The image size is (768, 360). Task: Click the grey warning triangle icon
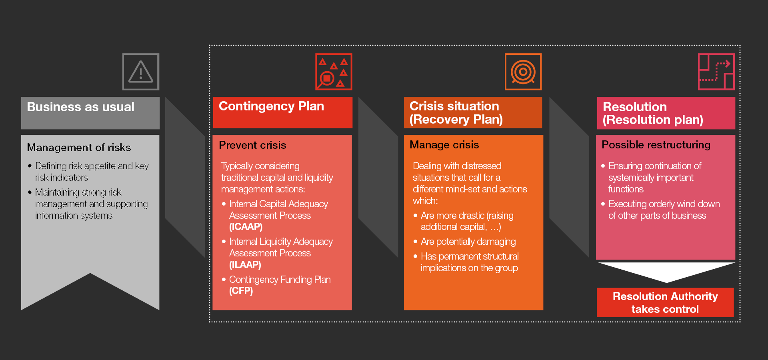click(141, 72)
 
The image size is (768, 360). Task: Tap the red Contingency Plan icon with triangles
click(334, 72)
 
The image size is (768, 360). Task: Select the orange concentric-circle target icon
click(523, 72)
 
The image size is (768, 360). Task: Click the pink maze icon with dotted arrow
click(716, 72)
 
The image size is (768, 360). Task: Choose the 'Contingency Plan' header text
click(271, 106)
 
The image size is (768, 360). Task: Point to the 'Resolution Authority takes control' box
click(665, 302)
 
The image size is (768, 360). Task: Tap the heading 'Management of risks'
click(79, 148)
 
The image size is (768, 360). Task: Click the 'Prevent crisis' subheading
click(252, 145)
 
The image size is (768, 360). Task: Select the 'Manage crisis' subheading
click(444, 144)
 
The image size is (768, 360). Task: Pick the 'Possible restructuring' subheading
click(656, 145)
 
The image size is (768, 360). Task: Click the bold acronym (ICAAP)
click(246, 227)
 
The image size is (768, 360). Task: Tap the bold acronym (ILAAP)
click(245, 265)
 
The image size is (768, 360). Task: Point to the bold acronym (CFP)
click(241, 291)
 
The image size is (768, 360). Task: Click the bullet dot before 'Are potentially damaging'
click(415, 242)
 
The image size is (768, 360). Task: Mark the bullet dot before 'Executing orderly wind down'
click(603, 204)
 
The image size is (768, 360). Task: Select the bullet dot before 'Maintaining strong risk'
click(30, 192)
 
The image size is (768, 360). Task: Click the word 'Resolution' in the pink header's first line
click(635, 107)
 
